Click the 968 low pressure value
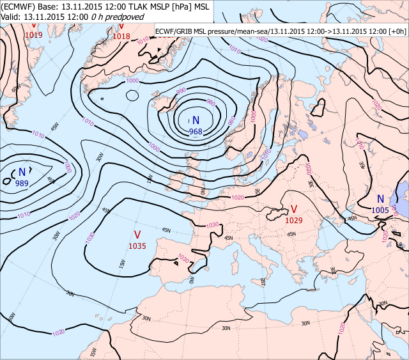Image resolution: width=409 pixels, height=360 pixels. [196, 132]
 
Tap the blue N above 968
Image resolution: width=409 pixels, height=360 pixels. [196, 120]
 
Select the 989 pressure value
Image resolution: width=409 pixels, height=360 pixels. [22, 184]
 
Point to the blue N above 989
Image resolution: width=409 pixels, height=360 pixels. [22, 172]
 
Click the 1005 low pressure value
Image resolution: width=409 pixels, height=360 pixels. [380, 210]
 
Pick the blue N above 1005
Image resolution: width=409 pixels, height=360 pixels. [380, 199]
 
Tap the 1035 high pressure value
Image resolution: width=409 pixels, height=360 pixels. [137, 246]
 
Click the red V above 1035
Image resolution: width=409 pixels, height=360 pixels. [137, 234]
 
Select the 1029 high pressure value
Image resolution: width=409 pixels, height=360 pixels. [294, 220]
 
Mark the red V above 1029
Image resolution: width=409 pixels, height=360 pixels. [294, 209]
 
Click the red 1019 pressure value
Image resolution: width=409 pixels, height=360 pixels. [33, 35]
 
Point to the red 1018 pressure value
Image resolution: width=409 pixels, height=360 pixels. [121, 36]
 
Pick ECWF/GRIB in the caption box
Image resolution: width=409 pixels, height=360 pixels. [176, 31]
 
